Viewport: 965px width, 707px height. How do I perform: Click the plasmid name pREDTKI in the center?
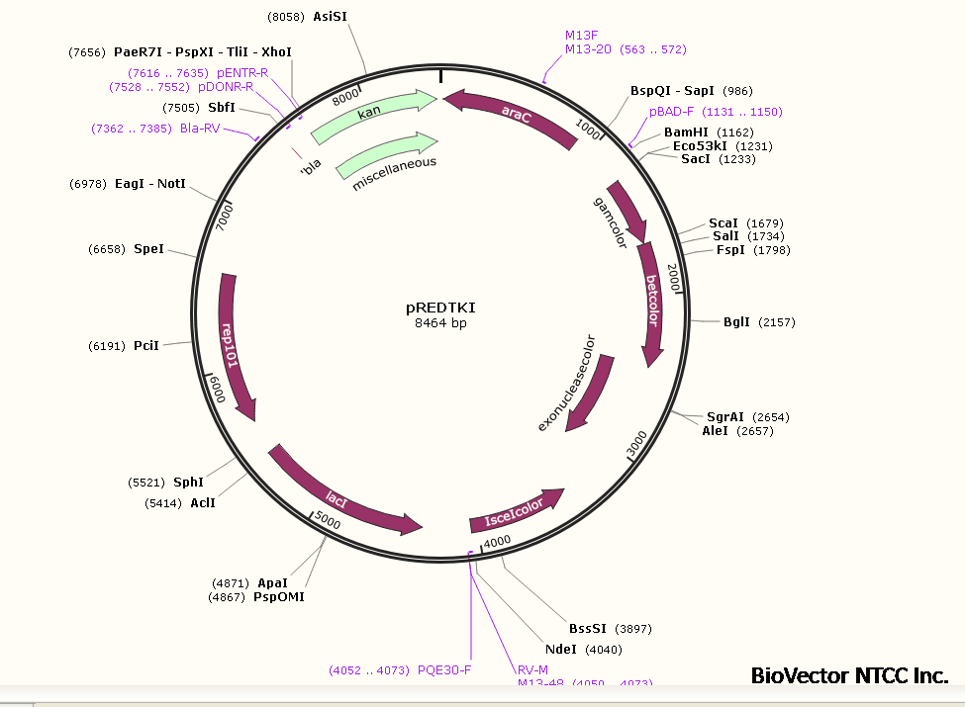(440, 308)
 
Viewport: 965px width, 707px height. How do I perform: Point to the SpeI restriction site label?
(148, 249)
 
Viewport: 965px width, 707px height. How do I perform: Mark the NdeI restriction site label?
(560, 650)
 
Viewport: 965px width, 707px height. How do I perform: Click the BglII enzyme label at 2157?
(737, 321)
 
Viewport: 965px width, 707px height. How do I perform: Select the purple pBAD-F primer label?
(673, 112)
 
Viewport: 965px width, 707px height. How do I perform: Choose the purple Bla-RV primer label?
(200, 128)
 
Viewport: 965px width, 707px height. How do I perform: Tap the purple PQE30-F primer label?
(444, 669)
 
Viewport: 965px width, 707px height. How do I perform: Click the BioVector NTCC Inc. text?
(849, 675)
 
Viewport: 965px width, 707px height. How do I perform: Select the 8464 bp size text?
(440, 323)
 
